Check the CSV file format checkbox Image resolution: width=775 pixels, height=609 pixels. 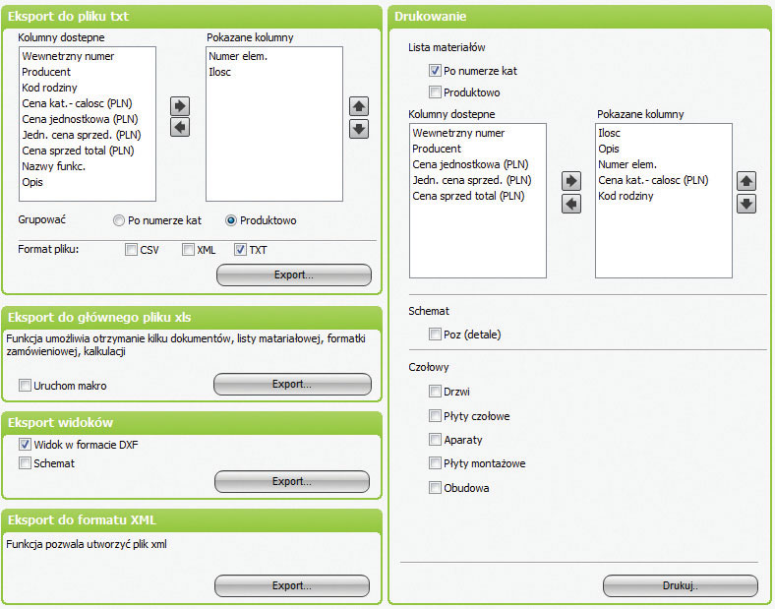131,250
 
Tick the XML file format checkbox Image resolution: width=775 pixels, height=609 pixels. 188,250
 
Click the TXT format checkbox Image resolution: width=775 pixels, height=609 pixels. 240,250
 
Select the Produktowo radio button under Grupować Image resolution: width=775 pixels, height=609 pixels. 231,220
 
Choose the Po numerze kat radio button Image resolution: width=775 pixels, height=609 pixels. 119,220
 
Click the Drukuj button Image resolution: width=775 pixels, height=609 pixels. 681,585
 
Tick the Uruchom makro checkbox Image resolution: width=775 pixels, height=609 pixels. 25,385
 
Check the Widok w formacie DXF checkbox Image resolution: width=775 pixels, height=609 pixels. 25,445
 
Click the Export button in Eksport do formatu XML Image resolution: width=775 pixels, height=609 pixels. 292,585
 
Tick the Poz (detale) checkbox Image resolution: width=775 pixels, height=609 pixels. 435,335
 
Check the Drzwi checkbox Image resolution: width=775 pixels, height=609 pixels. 435,392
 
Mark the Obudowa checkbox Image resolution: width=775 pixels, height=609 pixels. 435,488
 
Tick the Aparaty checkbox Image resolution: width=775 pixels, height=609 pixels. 435,440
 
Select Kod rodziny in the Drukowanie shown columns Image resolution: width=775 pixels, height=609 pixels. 626,196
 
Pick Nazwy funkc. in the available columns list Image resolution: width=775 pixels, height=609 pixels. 53,166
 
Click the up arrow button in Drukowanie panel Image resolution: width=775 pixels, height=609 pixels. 746,181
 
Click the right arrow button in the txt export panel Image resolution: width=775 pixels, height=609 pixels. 180,106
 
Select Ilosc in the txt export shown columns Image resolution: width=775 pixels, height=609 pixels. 219,72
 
